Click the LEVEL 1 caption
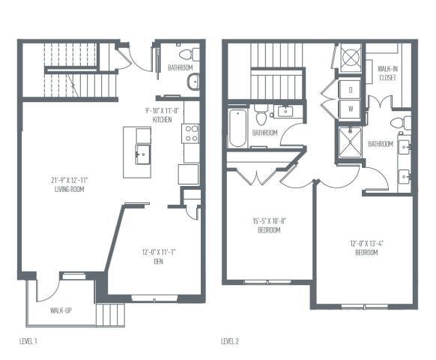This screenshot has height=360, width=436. pyautogui.click(x=28, y=341)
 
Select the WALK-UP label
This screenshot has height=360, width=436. pyautogui.click(x=61, y=310)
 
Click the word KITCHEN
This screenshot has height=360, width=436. pyautogui.click(x=163, y=120)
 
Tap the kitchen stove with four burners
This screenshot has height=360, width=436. pyautogui.click(x=190, y=133)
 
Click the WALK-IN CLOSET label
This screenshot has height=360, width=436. pyautogui.click(x=387, y=72)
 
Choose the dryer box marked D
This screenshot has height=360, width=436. pyautogui.click(x=351, y=90)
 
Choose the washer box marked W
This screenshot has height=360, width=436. pyautogui.click(x=351, y=108)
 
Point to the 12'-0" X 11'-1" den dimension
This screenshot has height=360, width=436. pyautogui.click(x=155, y=252)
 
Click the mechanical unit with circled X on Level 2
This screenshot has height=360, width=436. pyautogui.click(x=350, y=58)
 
